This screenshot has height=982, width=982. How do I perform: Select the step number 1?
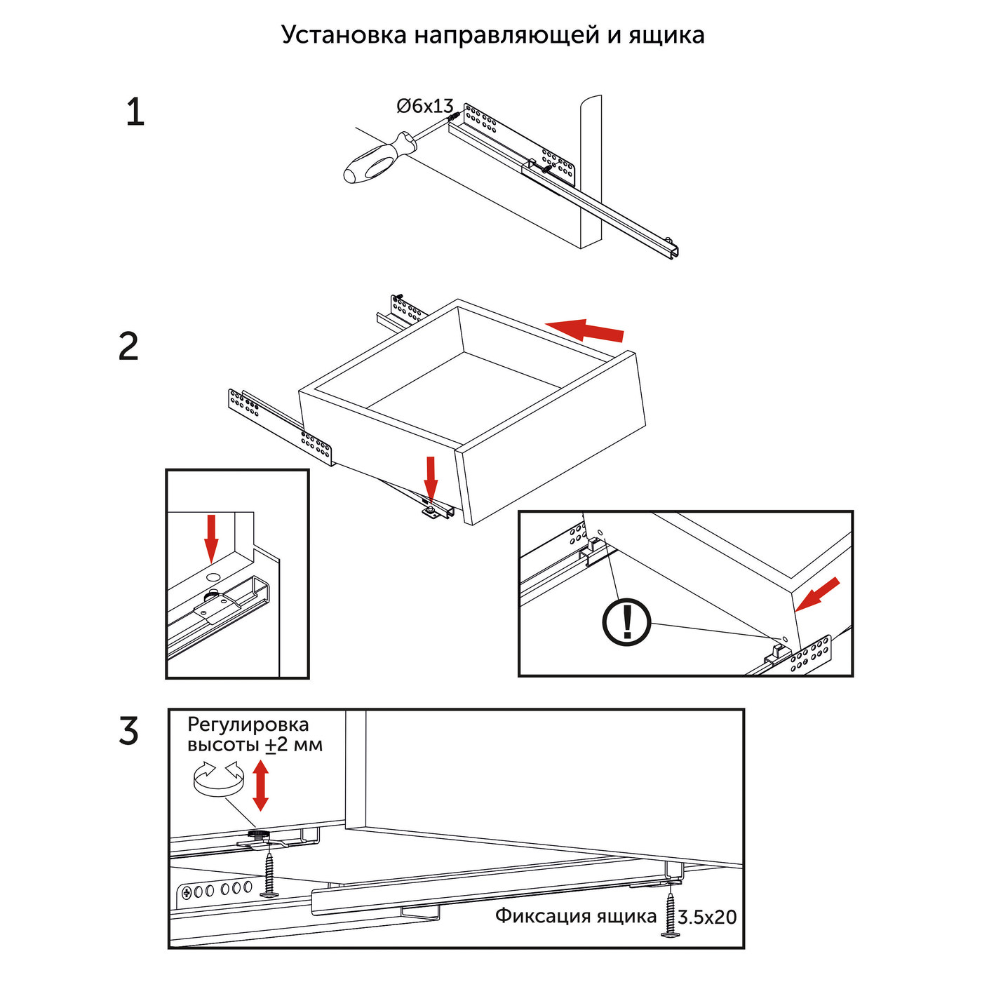click(135, 113)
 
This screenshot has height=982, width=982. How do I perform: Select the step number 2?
click(129, 347)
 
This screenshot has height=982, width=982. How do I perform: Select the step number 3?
click(129, 732)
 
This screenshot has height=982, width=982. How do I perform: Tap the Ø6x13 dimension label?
click(425, 106)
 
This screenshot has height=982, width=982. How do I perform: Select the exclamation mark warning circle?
click(627, 622)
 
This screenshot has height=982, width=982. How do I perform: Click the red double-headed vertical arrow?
click(260, 786)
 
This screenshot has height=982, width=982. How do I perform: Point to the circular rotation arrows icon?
click(217, 779)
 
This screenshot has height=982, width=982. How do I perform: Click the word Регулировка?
click(248, 725)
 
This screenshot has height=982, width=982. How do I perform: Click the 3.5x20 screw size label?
click(707, 917)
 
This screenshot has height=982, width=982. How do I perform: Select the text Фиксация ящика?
click(576, 916)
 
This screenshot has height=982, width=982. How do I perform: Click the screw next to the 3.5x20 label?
click(671, 912)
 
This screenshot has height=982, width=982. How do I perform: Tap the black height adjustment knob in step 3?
click(259, 834)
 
